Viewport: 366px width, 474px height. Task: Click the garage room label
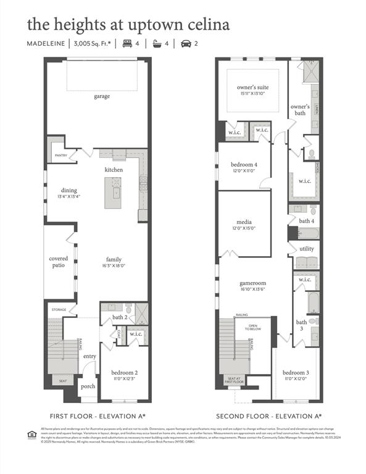pyautogui.click(x=102, y=97)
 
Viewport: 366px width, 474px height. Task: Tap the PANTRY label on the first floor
pyautogui.click(x=60, y=156)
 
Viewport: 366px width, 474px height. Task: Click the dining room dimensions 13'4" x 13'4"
pyautogui.click(x=69, y=197)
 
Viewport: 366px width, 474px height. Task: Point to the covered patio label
pyautogui.click(x=59, y=263)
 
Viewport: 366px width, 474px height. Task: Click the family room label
pyautogui.click(x=114, y=259)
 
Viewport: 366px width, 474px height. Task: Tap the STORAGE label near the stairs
pyautogui.click(x=59, y=309)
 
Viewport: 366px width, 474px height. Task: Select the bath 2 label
pyautogui.click(x=119, y=318)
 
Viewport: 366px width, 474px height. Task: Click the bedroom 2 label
pyautogui.click(x=124, y=373)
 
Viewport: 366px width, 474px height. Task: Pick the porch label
pyautogui.click(x=88, y=387)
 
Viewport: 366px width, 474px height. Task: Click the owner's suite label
pyautogui.click(x=253, y=88)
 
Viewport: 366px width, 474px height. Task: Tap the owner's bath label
pyautogui.click(x=300, y=110)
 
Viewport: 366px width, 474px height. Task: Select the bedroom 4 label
pyautogui.click(x=244, y=165)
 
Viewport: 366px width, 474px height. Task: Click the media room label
pyautogui.click(x=244, y=222)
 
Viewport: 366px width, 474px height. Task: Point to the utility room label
pyautogui.click(x=307, y=249)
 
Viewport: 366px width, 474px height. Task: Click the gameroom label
pyautogui.click(x=252, y=283)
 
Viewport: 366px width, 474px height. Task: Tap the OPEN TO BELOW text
pyautogui.click(x=253, y=327)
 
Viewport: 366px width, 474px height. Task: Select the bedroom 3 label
pyautogui.click(x=295, y=373)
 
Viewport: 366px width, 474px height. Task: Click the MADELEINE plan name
pyautogui.click(x=46, y=43)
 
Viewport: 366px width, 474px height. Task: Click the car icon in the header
pyautogui.click(x=185, y=43)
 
